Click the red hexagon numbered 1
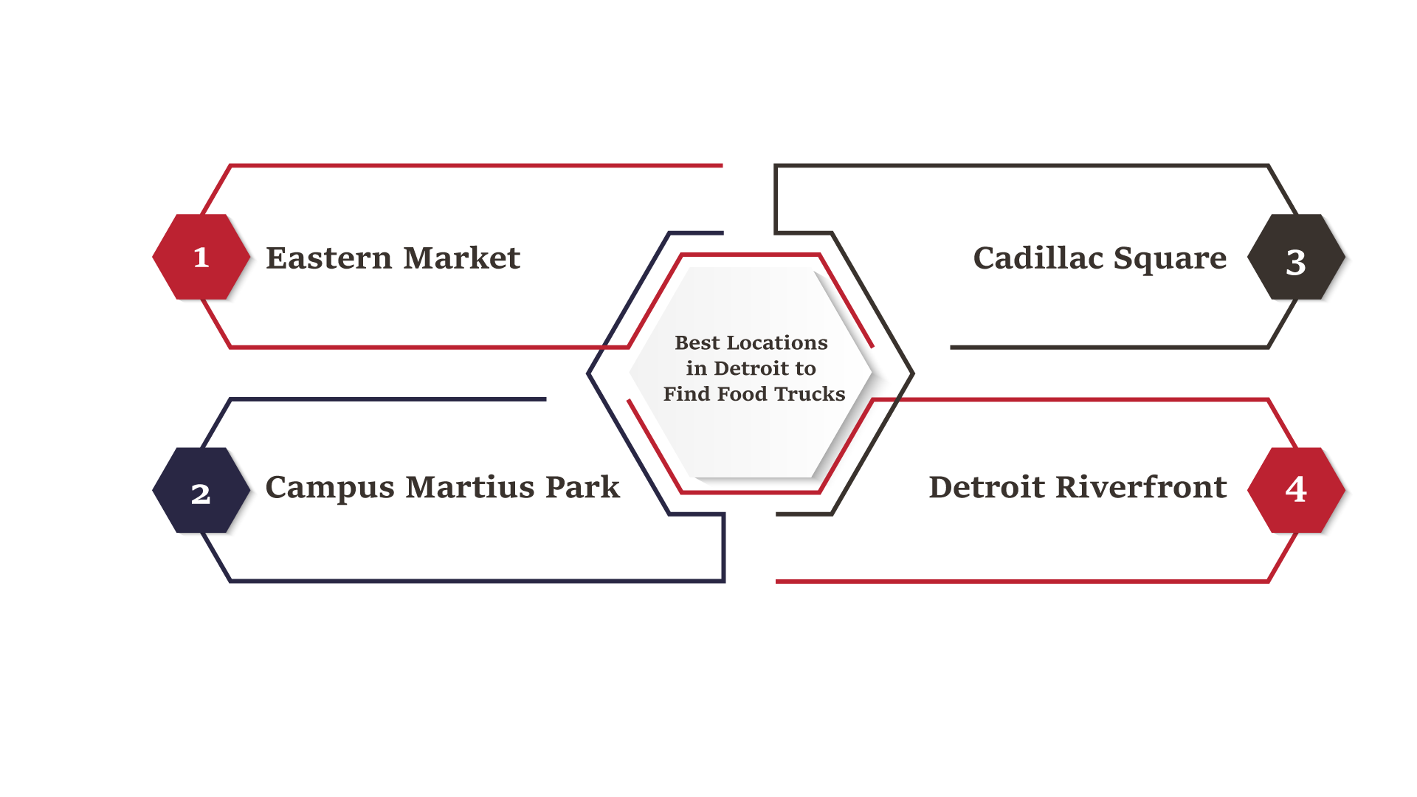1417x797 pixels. [x=201, y=257]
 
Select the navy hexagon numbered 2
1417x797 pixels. [x=201, y=490]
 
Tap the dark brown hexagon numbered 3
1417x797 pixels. [x=1296, y=257]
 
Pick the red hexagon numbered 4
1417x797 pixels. [x=1296, y=490]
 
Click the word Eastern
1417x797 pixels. [x=329, y=258]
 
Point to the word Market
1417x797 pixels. [x=462, y=258]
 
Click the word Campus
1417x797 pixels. [x=330, y=489]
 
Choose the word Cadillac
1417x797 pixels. [x=1038, y=258]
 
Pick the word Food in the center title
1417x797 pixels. [x=742, y=394]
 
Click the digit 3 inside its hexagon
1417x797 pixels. [x=1296, y=262]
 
